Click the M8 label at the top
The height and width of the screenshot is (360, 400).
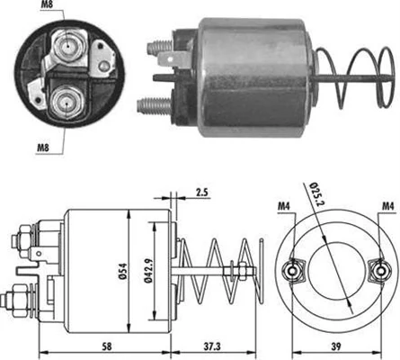click(x=49, y=8)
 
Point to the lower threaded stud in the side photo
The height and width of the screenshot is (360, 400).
click(x=154, y=104)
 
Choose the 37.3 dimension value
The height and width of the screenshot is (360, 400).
click(x=213, y=346)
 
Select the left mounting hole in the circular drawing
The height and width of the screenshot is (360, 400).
click(x=292, y=269)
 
